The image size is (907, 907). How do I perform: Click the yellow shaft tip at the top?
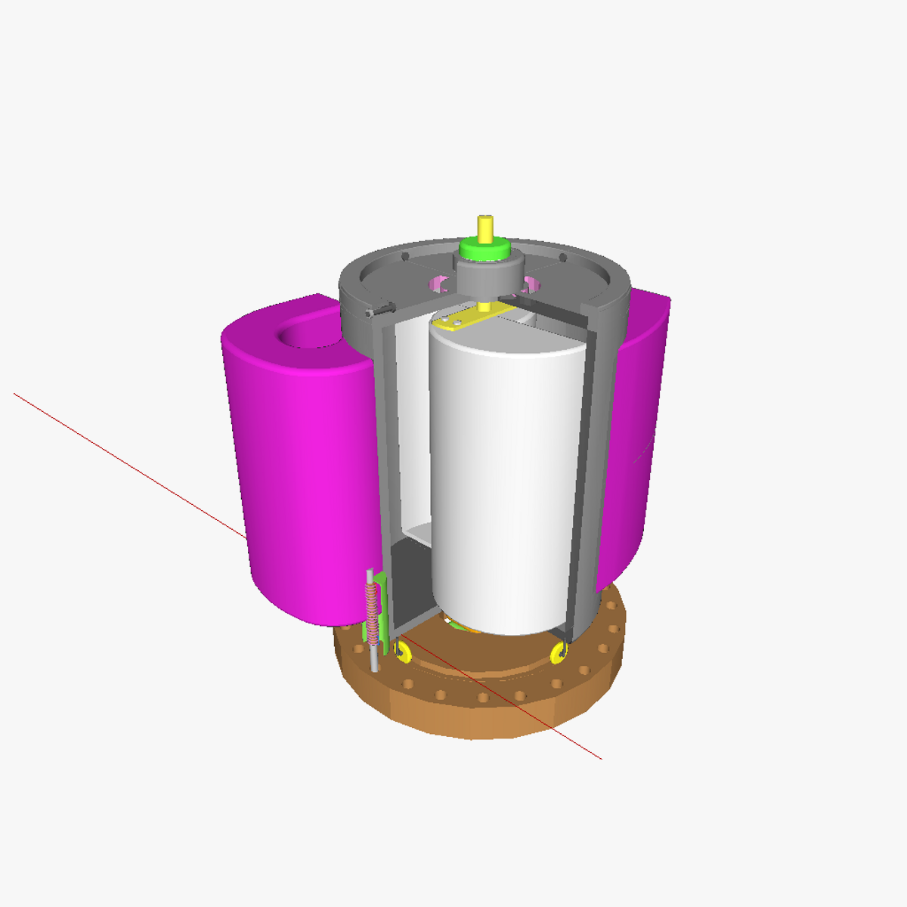pos(484,226)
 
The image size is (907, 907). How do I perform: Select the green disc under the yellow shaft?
pos(484,249)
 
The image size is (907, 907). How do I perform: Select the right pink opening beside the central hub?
pos(529,284)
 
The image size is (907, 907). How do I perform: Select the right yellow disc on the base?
pos(559,652)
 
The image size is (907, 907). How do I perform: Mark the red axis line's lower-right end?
pos(600,757)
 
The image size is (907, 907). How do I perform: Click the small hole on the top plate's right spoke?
pos(562,258)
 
